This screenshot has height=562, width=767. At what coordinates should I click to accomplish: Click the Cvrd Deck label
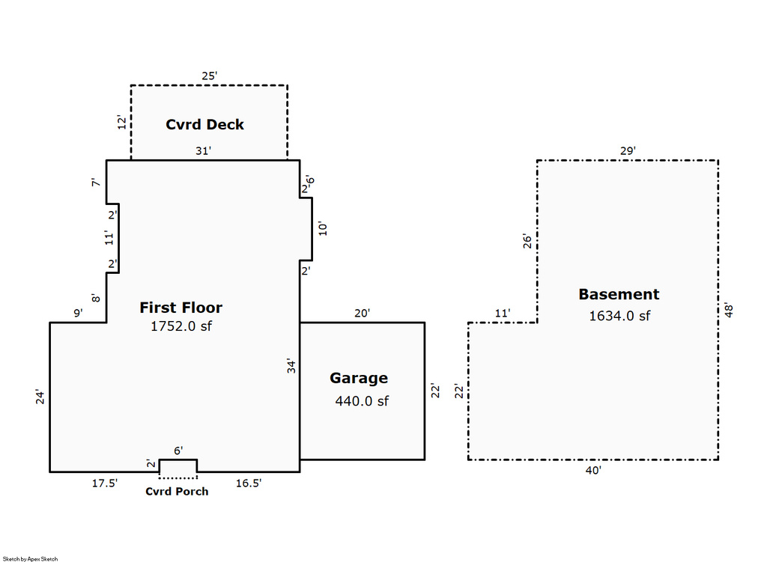(204, 124)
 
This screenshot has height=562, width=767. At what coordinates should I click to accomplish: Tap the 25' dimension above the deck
(209, 76)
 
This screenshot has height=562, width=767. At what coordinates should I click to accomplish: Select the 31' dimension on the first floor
(203, 151)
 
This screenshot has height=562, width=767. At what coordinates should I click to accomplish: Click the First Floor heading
(181, 308)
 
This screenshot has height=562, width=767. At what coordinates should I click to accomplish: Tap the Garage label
(359, 379)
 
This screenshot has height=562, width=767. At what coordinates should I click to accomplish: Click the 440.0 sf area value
(362, 401)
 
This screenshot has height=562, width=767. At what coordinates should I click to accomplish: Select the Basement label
(619, 295)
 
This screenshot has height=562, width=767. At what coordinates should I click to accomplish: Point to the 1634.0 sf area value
(619, 316)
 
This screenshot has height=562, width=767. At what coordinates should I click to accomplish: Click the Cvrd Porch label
(177, 492)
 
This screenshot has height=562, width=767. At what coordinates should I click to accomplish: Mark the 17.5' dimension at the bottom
(105, 483)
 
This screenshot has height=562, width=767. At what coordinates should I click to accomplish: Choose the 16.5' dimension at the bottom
(249, 483)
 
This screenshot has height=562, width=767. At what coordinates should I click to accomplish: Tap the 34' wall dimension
(292, 366)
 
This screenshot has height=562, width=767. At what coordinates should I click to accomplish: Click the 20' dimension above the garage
(363, 314)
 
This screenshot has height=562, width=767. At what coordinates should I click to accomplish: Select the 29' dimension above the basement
(628, 151)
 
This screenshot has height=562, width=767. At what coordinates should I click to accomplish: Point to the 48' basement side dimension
(729, 310)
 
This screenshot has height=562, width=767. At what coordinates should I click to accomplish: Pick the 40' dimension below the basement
(593, 471)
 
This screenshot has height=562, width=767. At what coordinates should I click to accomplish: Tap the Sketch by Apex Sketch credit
(30, 558)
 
